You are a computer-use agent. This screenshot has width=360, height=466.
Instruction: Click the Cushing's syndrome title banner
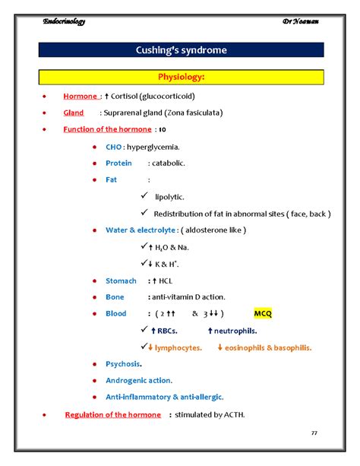point(181,51)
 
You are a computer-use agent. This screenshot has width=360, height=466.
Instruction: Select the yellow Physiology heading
point(181,77)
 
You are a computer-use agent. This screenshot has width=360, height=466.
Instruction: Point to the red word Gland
point(74,113)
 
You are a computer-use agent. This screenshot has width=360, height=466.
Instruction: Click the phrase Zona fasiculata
point(195,113)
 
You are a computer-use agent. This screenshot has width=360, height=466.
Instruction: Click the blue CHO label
point(113,146)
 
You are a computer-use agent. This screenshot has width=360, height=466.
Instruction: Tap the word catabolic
point(168,163)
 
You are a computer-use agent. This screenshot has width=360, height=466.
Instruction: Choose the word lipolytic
point(169,197)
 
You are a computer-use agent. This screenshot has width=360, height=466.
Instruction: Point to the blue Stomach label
point(121,281)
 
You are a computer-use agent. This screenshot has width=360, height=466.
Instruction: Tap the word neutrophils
point(235,331)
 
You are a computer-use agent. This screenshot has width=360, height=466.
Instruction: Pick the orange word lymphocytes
point(178,347)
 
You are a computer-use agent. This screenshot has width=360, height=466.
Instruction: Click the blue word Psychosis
point(123,364)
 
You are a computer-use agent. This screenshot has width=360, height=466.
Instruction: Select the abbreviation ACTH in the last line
point(232,414)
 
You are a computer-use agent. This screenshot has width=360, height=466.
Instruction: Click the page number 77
point(315,432)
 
